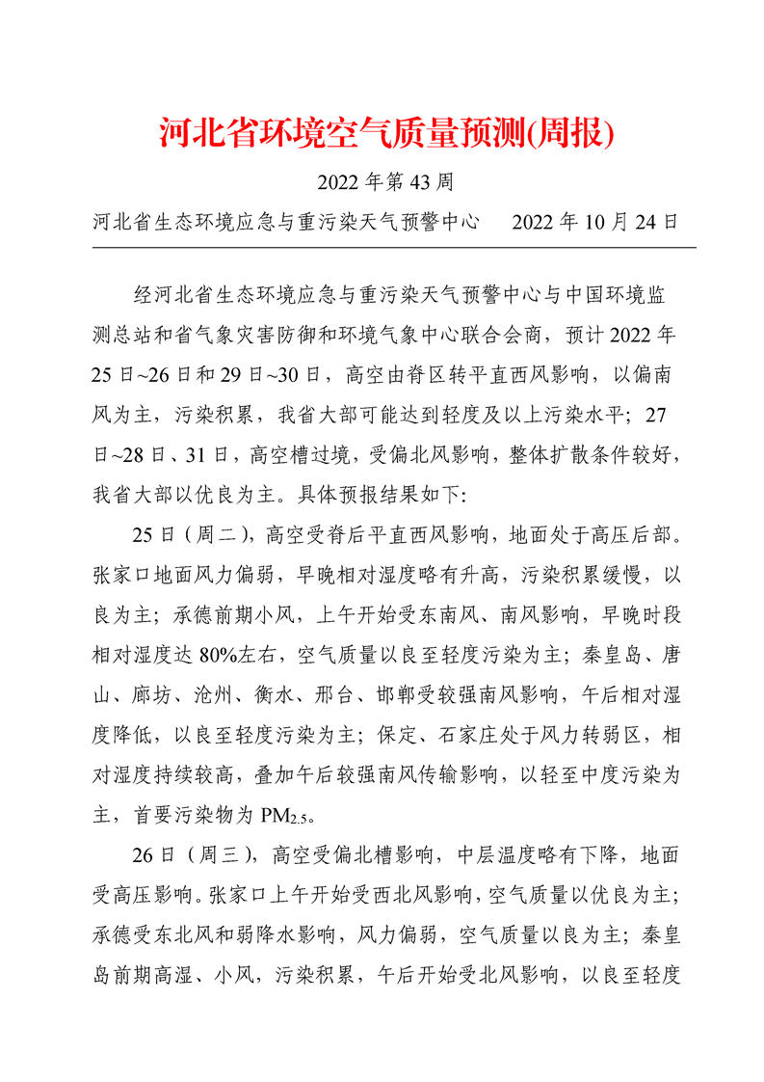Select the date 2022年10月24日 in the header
click(594, 222)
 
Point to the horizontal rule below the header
click(394, 248)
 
